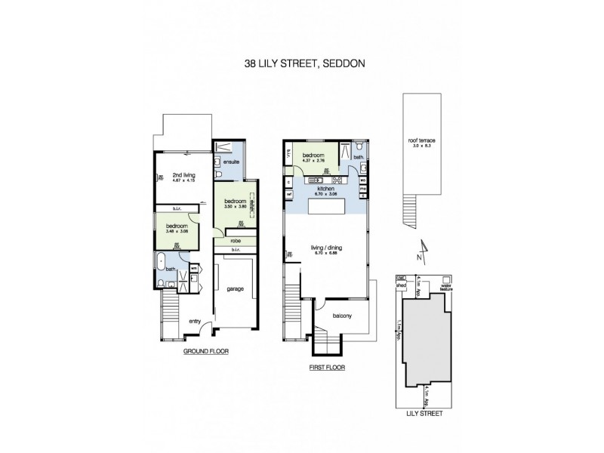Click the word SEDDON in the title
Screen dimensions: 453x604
(344, 63)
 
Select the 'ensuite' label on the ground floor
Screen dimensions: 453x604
(230, 161)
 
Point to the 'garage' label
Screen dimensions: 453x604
(234, 288)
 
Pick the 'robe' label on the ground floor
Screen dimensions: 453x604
(235, 242)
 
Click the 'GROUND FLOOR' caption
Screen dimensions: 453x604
(206, 352)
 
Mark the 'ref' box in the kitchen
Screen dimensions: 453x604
(288, 194)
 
